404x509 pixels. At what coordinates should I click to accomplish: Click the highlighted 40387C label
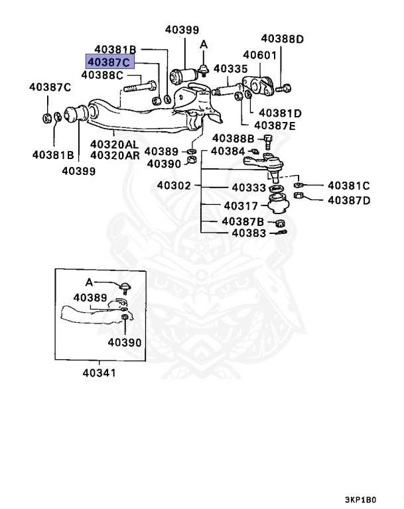pos(109,62)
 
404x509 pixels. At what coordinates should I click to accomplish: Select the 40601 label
pos(259,56)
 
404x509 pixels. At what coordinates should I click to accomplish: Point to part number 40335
pos(230,68)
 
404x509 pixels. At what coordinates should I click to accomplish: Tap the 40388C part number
pos(102,76)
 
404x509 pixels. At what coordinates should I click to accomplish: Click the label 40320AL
pos(114,144)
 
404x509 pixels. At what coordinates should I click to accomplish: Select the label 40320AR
pos(114,156)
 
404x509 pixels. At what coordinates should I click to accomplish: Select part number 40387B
pos(243,221)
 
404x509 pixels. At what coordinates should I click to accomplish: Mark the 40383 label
pos(249,233)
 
